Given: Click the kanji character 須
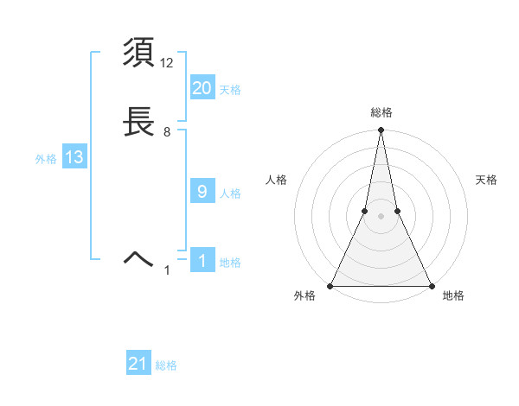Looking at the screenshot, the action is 139,54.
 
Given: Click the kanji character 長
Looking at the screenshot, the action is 139,123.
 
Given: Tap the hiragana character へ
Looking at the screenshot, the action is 139,257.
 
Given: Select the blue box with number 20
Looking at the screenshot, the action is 202,88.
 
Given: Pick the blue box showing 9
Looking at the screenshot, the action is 202,192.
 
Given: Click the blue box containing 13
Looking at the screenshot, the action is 74,157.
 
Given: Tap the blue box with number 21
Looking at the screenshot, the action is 138,365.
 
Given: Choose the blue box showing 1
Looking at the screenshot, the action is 202,261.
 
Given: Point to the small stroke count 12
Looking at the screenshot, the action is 168,62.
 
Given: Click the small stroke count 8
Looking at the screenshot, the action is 167,132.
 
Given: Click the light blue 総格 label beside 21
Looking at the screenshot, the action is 166,366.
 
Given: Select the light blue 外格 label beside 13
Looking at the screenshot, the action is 46,159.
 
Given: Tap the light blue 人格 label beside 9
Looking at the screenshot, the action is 230,193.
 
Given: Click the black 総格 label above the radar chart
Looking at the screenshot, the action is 381,112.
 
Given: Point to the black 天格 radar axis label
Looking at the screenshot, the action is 487,180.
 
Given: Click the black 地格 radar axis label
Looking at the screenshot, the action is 453,296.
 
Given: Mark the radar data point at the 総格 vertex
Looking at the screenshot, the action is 381,130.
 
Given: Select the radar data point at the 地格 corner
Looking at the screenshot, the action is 431,285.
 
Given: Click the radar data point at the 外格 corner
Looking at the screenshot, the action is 330,285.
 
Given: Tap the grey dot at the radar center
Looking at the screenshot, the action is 381,216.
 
